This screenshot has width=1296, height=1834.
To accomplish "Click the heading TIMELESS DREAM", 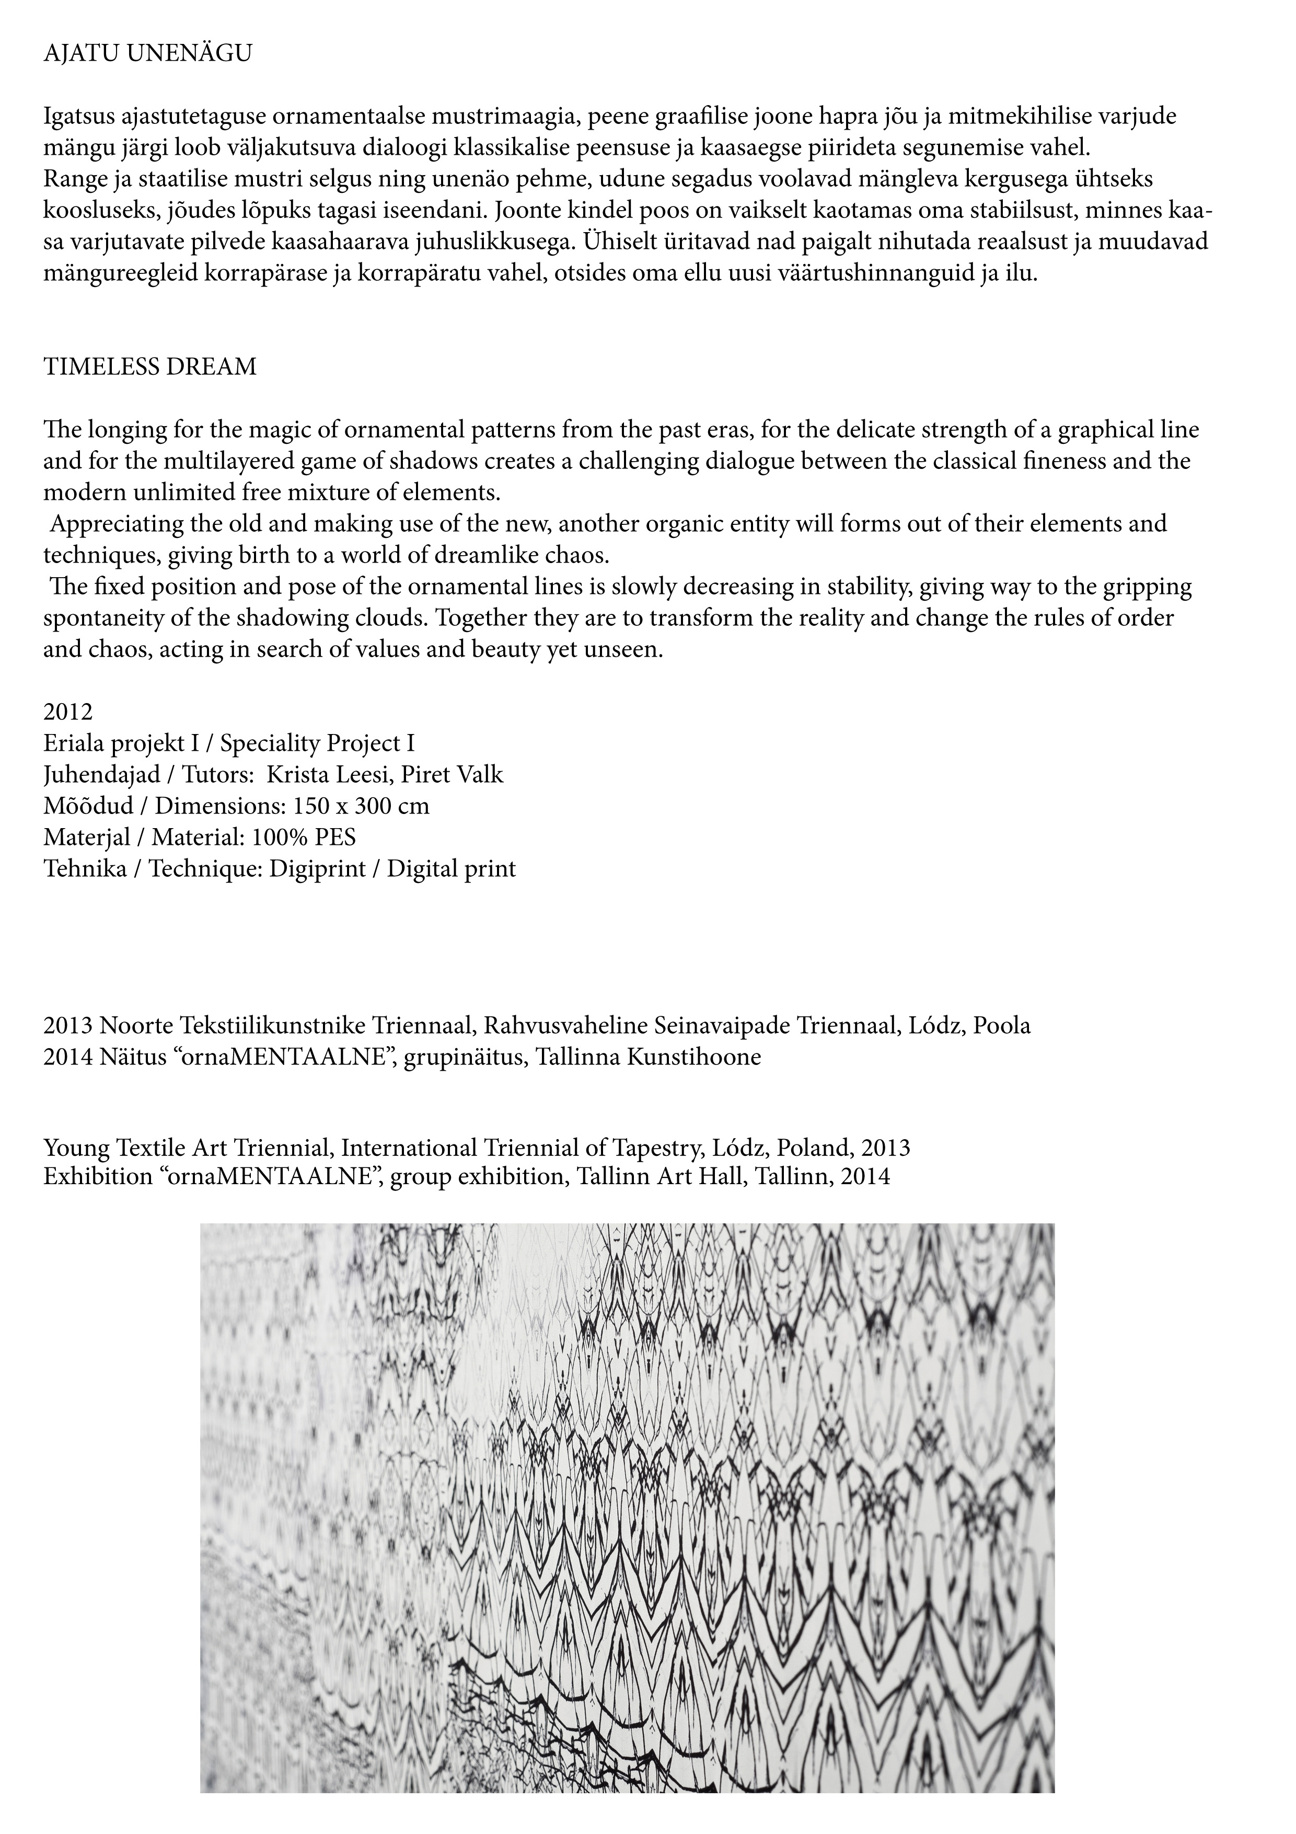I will tap(150, 368).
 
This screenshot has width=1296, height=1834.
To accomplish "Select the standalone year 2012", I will tap(68, 712).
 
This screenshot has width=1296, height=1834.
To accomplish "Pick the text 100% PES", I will tap(304, 837).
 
